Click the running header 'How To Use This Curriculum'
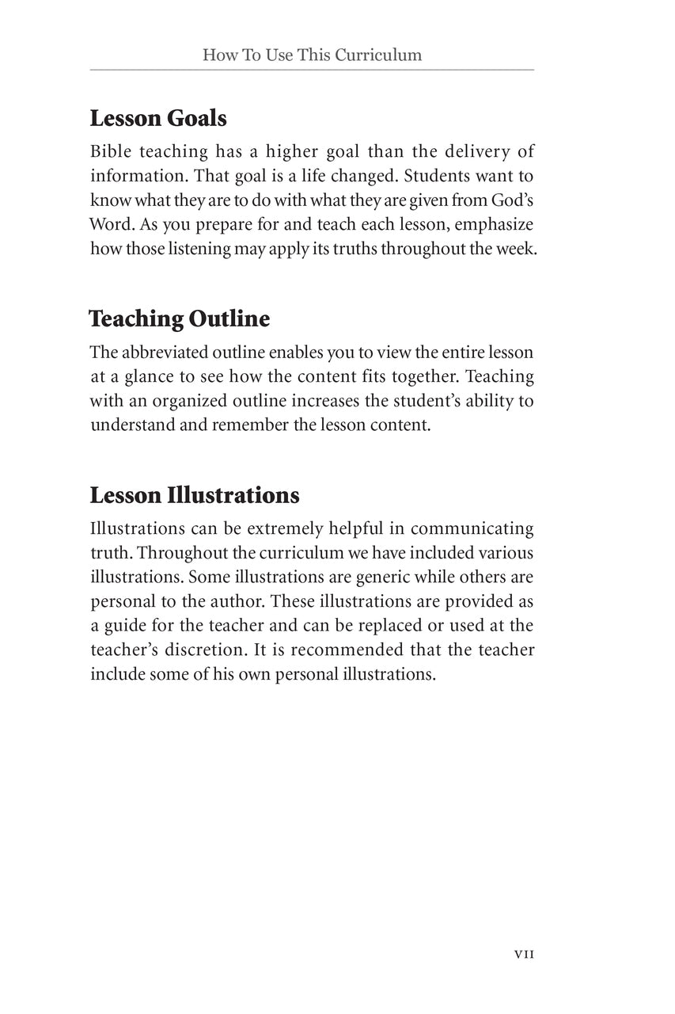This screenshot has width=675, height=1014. pos(312,55)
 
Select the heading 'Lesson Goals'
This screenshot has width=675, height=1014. pos(158,119)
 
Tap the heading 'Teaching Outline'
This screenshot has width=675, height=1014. pos(180,319)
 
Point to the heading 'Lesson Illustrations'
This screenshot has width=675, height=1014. pos(195,496)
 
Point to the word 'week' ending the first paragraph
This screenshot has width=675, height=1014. pos(518,248)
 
